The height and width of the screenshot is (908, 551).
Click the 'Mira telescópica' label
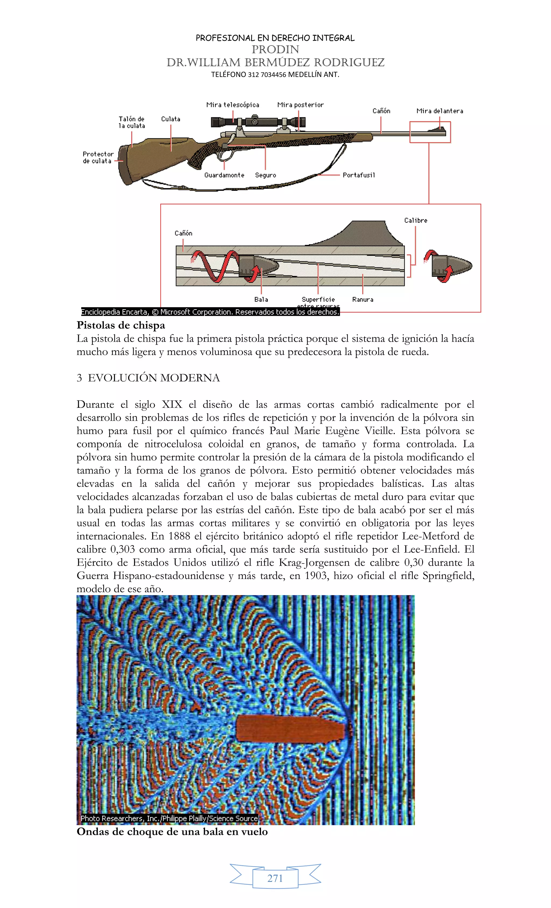click(232, 105)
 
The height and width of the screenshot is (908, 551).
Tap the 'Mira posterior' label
click(300, 105)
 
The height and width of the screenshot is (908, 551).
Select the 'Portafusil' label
click(358, 175)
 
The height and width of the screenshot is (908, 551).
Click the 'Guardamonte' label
click(224, 175)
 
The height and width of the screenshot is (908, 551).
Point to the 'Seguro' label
click(265, 175)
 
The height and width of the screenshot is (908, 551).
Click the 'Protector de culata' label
click(98, 157)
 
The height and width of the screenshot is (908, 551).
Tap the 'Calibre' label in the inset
click(415, 220)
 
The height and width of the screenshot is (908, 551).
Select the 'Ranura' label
click(362, 300)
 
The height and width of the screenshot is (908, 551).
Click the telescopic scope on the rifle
click(258, 122)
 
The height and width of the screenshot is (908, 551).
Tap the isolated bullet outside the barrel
click(451, 265)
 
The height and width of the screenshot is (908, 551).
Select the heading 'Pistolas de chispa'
click(121, 325)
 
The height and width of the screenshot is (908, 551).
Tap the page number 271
click(275, 878)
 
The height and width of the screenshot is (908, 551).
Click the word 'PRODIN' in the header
click(275, 49)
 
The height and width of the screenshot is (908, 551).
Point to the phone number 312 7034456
click(267, 75)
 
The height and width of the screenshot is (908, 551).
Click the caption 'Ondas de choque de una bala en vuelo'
click(172, 832)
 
